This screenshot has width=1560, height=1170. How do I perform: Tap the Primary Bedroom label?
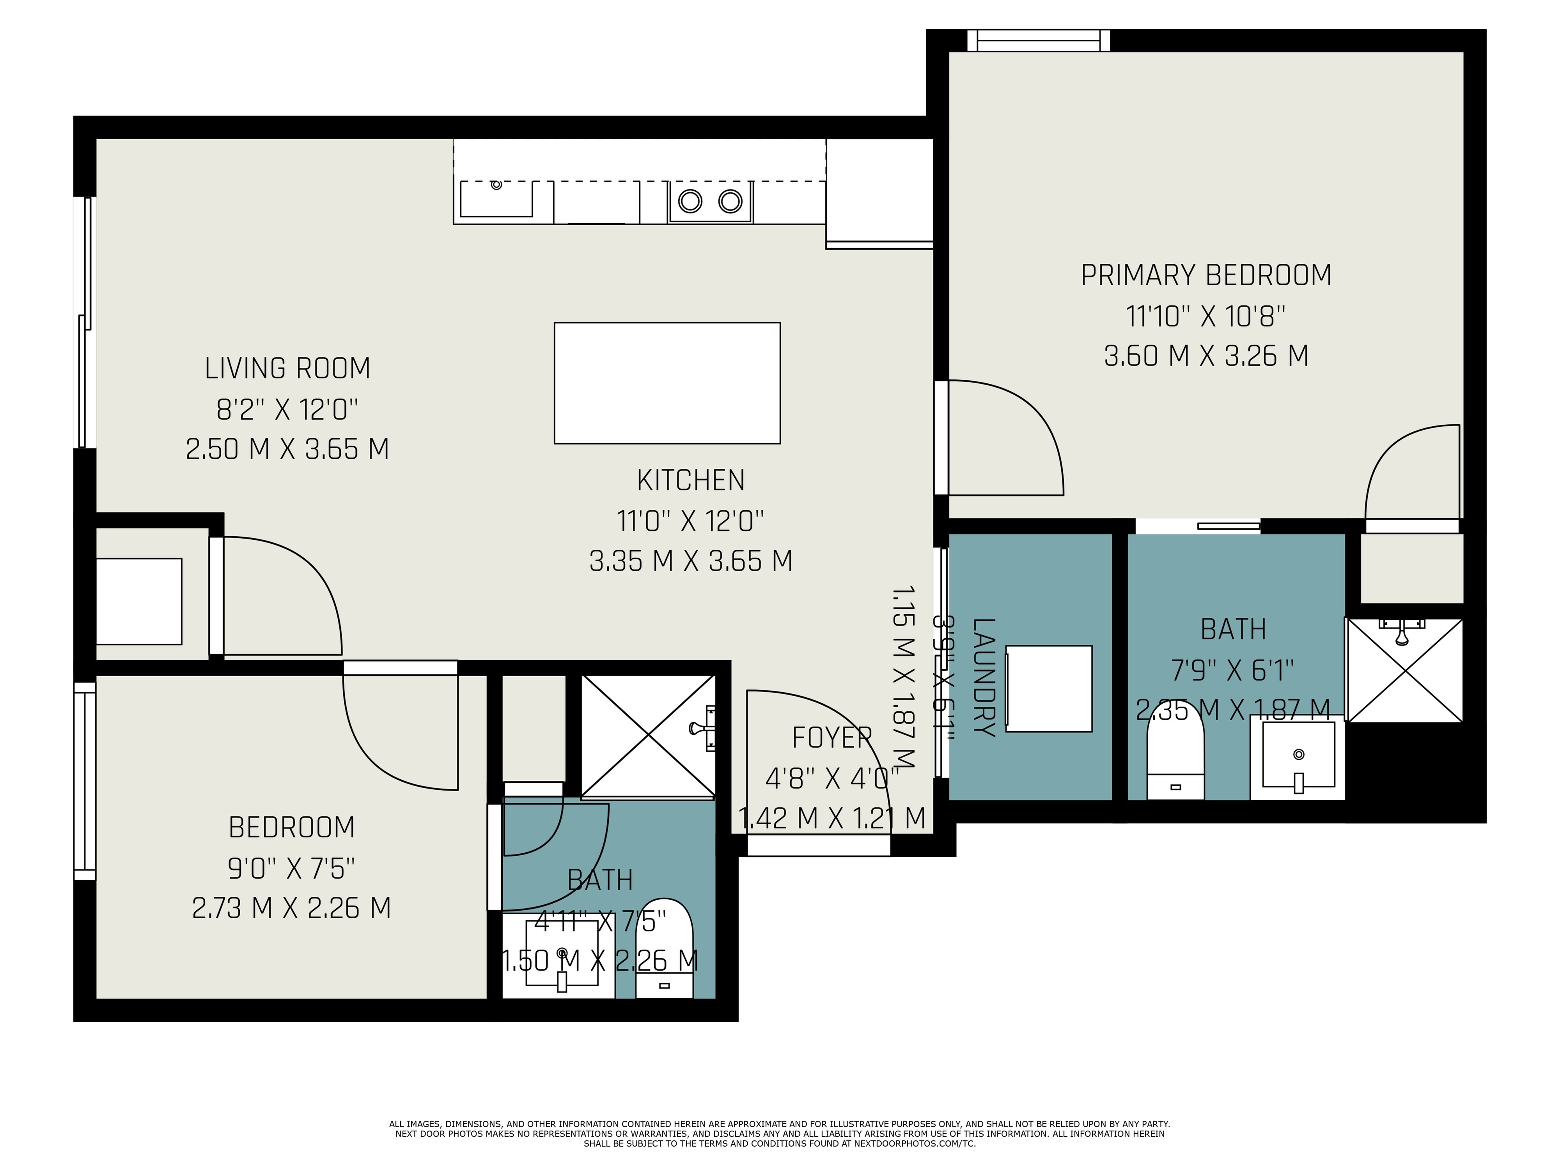coord(1206,275)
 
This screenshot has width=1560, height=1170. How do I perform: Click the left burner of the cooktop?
coord(690,202)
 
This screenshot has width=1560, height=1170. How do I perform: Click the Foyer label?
coord(832,738)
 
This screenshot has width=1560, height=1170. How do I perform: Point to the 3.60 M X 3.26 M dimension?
coord(1206,355)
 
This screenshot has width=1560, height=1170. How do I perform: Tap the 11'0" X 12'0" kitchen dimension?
coord(690,521)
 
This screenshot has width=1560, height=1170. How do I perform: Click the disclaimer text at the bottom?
coord(779,1133)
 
